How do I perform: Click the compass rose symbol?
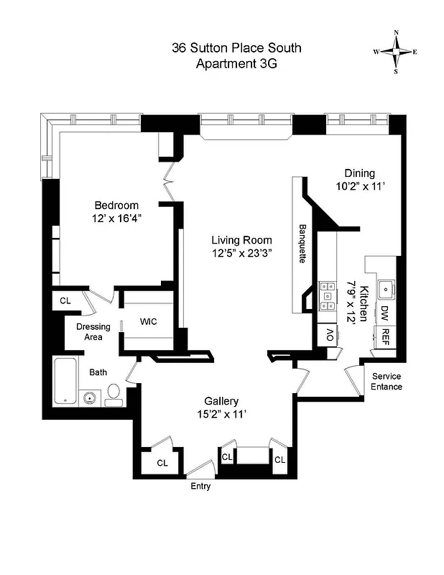coord(395,52)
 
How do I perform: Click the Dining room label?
coord(359,173)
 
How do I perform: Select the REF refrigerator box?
coord(385,336)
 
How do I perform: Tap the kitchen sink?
coord(386,290)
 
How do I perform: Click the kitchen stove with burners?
coord(328,295)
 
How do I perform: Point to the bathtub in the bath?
coord(65,380)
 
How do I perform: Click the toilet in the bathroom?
coord(114,394)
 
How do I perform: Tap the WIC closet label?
coord(149,321)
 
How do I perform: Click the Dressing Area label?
coord(93,331)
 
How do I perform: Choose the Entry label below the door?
coord(200,486)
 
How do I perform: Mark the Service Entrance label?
coord(386,382)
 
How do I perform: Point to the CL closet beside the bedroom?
coord(65,301)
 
